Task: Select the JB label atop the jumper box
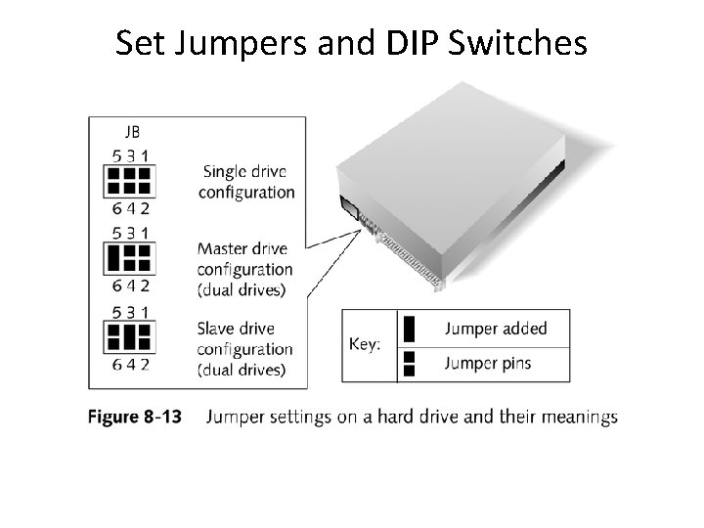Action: click(x=130, y=130)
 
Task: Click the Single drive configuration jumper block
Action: click(x=129, y=180)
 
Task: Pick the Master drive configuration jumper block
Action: click(x=129, y=258)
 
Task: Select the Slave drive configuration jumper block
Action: click(x=129, y=337)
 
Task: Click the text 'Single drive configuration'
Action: click(x=245, y=181)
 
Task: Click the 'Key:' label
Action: click(x=365, y=345)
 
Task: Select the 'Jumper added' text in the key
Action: click(x=496, y=329)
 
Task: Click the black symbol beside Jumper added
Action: click(x=410, y=328)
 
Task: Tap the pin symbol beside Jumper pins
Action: click(x=410, y=364)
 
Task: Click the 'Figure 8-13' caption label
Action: click(x=135, y=418)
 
